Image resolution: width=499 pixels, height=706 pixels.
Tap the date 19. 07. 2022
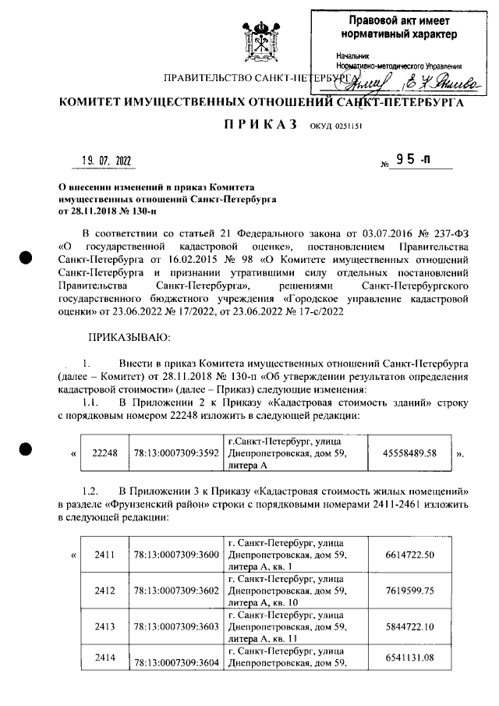pyautogui.click(x=107, y=161)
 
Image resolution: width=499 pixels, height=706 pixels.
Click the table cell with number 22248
pyautogui.click(x=104, y=452)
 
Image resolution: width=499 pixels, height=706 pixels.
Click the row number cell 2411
pyautogui.click(x=104, y=555)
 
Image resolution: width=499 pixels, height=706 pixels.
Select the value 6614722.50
pyautogui.click(x=409, y=555)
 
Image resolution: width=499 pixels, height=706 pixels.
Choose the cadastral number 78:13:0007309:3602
pyautogui.click(x=175, y=591)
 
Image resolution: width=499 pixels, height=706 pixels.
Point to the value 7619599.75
pyautogui.click(x=409, y=591)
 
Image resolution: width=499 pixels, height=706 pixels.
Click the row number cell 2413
pyautogui.click(x=104, y=626)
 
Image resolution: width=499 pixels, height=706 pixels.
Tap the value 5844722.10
pyautogui.click(x=409, y=626)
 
